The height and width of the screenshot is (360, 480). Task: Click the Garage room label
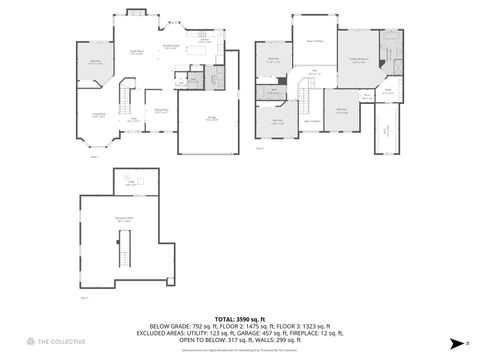[x=212, y=119]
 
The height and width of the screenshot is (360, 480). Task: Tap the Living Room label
[x=101, y=116]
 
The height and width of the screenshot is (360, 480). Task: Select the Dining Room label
[x=160, y=112]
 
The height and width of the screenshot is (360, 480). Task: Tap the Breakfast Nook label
[x=171, y=47]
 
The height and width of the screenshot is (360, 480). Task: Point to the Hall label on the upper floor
[x=314, y=72]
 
